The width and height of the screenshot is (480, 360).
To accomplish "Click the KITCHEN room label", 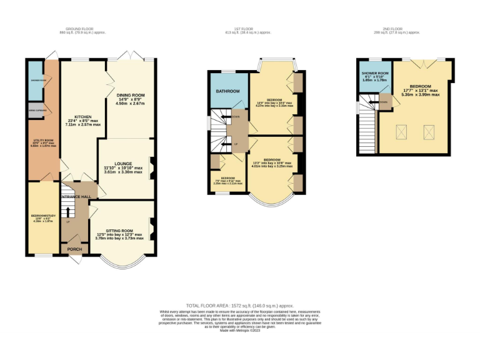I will point(84,117).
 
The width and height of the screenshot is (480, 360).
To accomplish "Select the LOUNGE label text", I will point(122,164).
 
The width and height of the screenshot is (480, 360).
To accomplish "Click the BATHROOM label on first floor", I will point(228,91).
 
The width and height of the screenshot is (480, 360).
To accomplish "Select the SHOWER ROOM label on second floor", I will point(376,73).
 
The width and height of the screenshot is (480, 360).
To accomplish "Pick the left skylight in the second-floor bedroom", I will point(401,131).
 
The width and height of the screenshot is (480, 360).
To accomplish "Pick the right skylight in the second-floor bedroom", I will point(429,131).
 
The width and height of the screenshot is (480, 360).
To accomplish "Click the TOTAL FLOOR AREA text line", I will point(240,305).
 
